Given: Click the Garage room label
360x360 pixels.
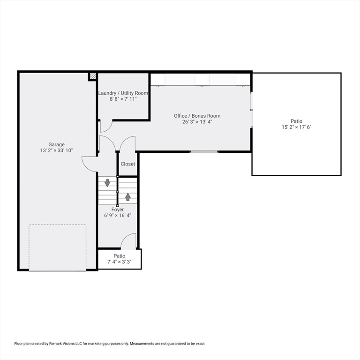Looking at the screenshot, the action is pos(56,144).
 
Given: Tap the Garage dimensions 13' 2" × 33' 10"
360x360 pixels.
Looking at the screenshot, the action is pos(56,150).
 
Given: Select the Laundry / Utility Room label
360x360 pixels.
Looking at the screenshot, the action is pos(123,93).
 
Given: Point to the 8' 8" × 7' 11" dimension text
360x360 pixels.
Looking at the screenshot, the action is pos(123,99).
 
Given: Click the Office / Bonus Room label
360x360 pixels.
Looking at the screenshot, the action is pos(197,116).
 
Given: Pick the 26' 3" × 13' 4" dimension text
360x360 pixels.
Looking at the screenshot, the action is pos(197,122).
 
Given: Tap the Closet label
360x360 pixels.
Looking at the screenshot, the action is pos(128,164).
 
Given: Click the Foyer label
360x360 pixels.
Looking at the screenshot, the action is pos(118,210).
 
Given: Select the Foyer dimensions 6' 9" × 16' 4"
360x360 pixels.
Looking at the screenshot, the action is pos(118,215).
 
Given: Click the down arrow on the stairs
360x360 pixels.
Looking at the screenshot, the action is pos(107,183).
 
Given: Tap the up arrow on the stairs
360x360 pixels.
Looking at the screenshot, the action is pos(128,197).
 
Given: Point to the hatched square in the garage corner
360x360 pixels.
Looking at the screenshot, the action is pos(93,76).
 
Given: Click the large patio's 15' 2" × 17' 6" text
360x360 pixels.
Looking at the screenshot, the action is pos(296,127).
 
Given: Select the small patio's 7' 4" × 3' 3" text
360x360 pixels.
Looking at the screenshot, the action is pos(120,262).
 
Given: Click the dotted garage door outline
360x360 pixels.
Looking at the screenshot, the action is pos(58,225).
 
